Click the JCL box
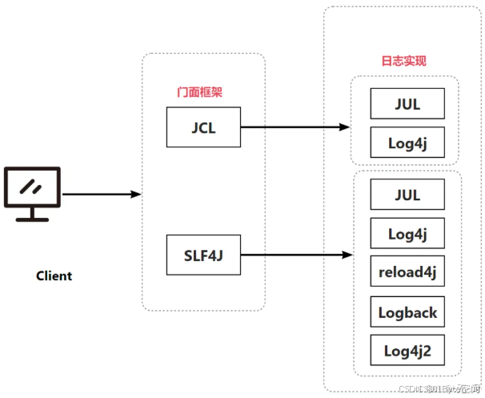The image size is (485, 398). (x=203, y=127)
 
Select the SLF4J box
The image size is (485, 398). (x=203, y=255)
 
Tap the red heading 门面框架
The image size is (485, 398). (x=199, y=92)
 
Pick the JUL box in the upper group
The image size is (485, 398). (x=407, y=103)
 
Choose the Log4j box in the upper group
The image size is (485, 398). (x=407, y=143)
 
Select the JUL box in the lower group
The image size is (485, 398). (x=407, y=195)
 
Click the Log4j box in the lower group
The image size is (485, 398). (x=407, y=234)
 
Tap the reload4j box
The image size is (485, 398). (x=407, y=272)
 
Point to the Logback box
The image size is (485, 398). (x=407, y=312)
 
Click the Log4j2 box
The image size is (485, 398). (x=407, y=351)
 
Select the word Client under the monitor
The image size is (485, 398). (x=54, y=276)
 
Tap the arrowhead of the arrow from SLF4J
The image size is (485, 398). (x=347, y=255)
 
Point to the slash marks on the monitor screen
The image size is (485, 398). (x=31, y=187)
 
